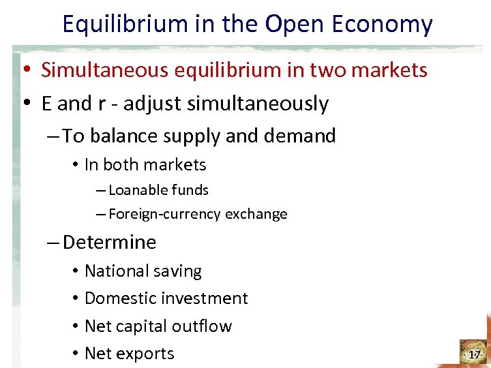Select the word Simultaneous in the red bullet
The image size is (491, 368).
(106, 70)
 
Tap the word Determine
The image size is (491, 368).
(109, 243)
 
